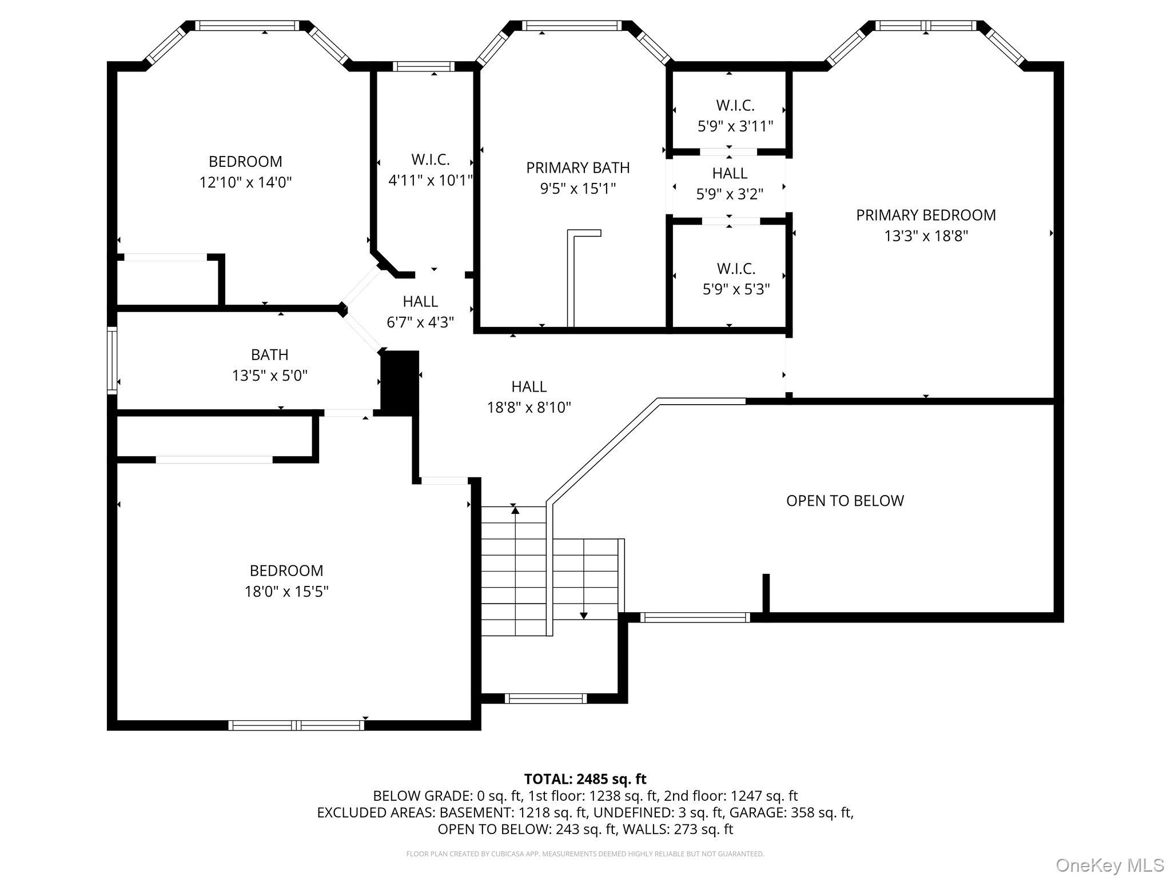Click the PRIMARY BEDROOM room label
click(926, 215)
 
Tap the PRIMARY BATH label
click(578, 167)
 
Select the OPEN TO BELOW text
click(845, 501)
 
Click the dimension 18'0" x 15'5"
click(286, 591)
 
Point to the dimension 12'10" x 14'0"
click(246, 182)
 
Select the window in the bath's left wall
click(112, 360)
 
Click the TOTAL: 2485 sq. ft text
click(585, 779)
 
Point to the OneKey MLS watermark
click(1109, 865)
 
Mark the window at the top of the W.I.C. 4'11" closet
click(424, 66)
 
